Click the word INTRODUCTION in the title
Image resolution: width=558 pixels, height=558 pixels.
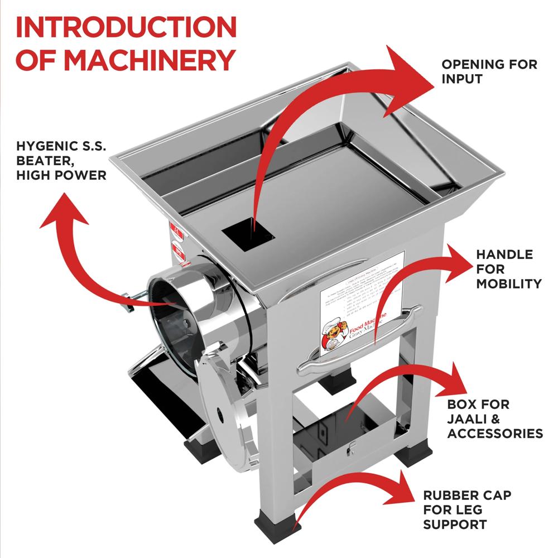126,28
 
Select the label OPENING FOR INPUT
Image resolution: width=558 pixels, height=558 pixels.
489,71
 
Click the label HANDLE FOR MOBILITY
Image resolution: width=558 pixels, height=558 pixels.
508,269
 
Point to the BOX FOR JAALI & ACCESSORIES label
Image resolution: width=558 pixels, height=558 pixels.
494,419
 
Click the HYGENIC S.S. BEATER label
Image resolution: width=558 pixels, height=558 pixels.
61,161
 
